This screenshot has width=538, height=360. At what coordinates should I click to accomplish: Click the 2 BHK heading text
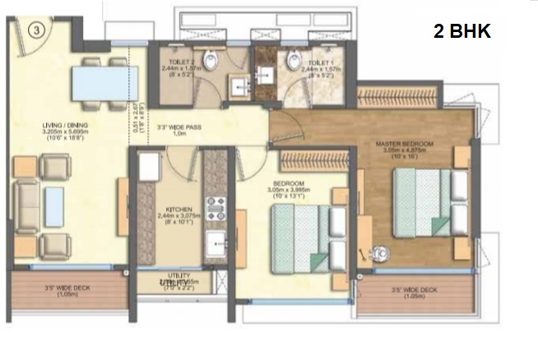pos(461,32)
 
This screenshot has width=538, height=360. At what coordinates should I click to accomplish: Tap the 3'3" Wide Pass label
pos(180,128)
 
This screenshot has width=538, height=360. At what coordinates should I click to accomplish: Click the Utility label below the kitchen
pos(179,275)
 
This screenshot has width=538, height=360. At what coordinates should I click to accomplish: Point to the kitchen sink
pos(216,242)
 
